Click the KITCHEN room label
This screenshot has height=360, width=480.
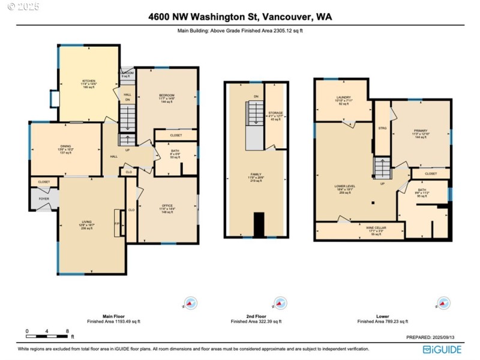click(89, 80)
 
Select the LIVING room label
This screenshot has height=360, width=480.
click(86, 221)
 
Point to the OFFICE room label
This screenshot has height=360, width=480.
click(166, 206)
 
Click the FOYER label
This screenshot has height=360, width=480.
click(44, 198)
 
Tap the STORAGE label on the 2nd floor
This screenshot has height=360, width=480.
click(275, 112)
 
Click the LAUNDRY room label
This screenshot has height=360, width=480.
click(343, 97)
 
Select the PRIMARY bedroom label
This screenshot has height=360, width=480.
click(420, 131)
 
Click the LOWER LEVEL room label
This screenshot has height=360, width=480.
click(344, 187)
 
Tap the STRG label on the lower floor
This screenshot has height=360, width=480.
click(382, 128)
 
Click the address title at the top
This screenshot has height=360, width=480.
click(240, 17)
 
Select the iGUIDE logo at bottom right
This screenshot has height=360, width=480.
click(442, 349)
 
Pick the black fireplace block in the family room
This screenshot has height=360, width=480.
click(259, 225)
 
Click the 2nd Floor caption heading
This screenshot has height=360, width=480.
click(256, 316)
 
